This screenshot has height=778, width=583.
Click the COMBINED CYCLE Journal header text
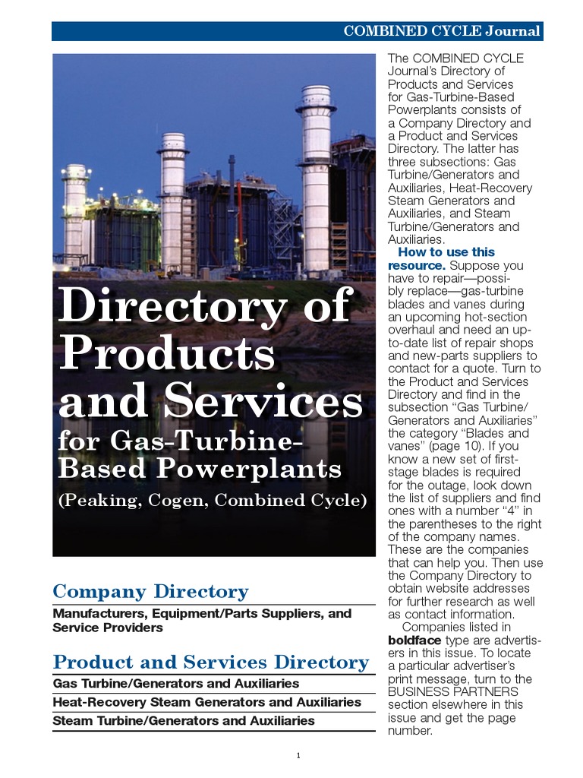point(442,31)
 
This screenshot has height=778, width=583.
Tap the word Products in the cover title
point(166,354)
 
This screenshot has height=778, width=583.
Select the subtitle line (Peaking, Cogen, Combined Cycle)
point(213,501)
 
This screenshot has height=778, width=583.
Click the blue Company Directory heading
point(150,591)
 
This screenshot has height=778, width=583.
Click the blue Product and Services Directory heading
point(210,662)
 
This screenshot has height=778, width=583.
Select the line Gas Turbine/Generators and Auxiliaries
point(176,684)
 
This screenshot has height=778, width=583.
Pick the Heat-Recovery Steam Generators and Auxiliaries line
point(206,702)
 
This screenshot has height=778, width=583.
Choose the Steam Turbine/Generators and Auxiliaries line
point(184,720)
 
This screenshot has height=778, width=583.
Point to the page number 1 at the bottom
point(298,755)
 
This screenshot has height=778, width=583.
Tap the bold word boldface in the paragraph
point(414,640)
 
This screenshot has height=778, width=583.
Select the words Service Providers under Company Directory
point(108,628)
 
